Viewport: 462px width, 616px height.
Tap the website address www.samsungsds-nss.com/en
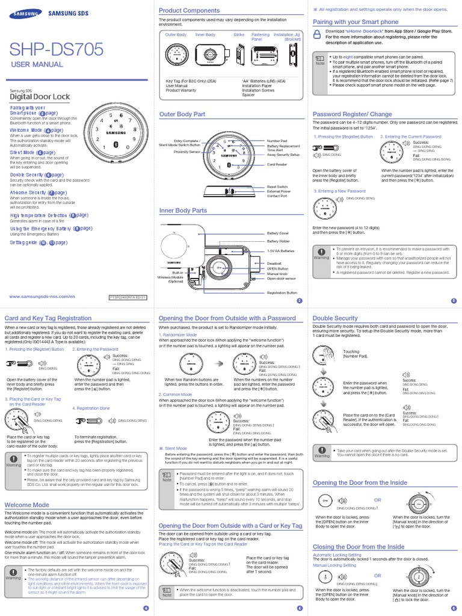click(x=42, y=297)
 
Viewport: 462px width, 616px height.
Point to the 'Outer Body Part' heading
click(x=182, y=114)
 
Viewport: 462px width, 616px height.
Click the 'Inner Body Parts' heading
click(x=183, y=211)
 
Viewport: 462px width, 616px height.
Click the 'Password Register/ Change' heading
click(x=352, y=114)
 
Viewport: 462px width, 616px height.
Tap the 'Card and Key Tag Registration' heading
click(x=48, y=318)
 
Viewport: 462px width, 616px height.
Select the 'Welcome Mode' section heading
click(x=27, y=505)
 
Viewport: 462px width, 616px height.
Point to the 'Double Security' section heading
click(x=336, y=318)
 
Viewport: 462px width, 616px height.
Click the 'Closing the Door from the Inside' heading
click(x=359, y=546)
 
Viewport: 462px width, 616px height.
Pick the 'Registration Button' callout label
click(x=282, y=292)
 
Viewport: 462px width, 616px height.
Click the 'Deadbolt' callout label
click(x=274, y=263)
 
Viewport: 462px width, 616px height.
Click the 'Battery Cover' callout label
click(x=278, y=233)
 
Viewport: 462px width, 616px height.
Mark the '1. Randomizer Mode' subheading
click(x=177, y=334)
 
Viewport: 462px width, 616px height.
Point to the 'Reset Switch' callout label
click(x=278, y=187)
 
